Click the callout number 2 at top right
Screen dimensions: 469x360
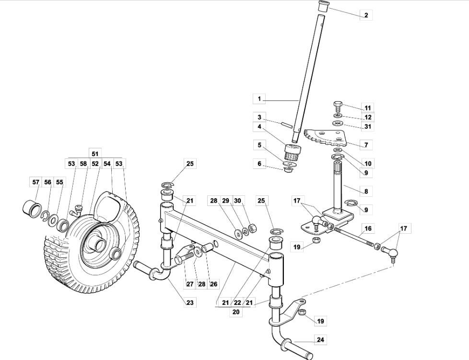pos(366,15)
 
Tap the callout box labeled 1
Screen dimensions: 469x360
pos(259,98)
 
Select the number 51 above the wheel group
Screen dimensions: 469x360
pos(95,154)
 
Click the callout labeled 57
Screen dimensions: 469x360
pos(35,182)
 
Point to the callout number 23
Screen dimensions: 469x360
pos(190,302)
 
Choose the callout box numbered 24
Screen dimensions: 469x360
pos(320,340)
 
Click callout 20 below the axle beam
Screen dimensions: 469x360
pos(236,312)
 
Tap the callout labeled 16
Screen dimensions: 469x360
pos(368,228)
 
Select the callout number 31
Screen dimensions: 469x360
pos(368,126)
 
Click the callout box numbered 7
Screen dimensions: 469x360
pos(366,145)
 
